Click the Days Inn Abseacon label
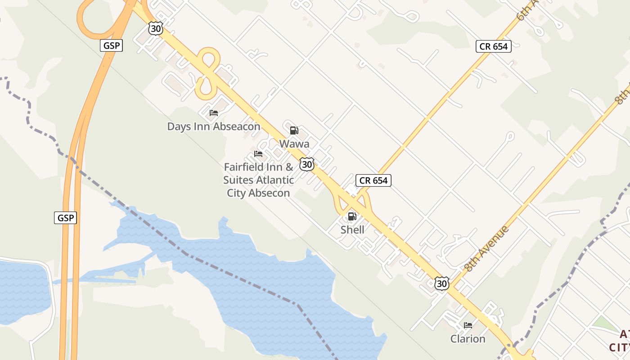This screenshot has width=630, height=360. (x=214, y=126)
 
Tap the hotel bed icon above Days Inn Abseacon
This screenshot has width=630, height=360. (x=214, y=113)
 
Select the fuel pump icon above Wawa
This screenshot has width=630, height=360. (x=294, y=130)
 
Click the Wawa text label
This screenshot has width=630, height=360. (x=294, y=144)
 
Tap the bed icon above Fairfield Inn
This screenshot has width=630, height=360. (x=258, y=154)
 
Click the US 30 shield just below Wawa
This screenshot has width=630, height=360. (x=307, y=164)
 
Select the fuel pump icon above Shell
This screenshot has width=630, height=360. (x=352, y=216)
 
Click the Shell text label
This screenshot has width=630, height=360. (x=352, y=229)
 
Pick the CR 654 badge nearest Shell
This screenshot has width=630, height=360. (x=373, y=181)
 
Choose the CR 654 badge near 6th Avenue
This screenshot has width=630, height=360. (x=494, y=46)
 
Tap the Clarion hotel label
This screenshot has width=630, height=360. (x=468, y=339)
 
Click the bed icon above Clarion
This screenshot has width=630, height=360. (x=468, y=325)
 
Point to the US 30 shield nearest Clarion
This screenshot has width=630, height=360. (x=442, y=283)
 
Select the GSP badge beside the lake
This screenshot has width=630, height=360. (x=66, y=218)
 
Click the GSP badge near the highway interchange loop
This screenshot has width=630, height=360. (x=111, y=45)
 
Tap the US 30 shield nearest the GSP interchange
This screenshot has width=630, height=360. (x=155, y=29)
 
